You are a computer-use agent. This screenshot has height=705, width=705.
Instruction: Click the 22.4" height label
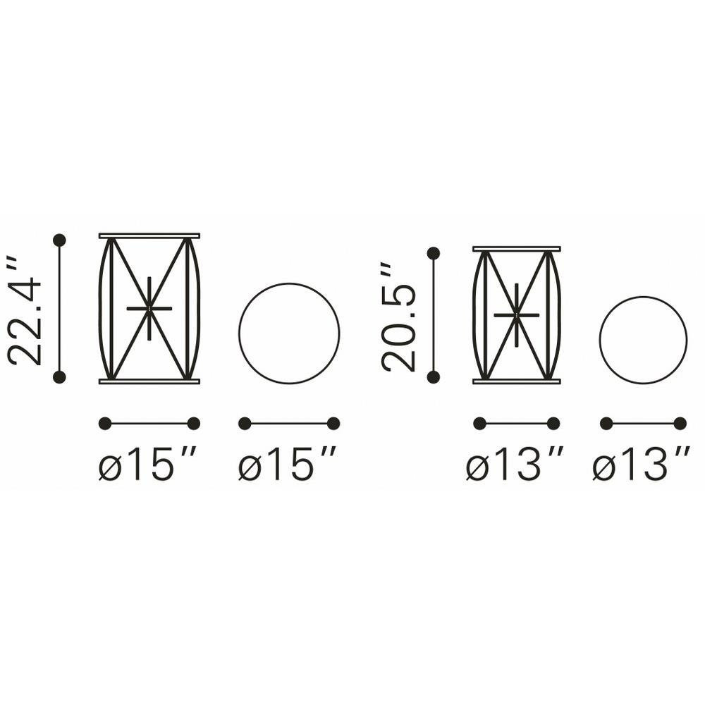coord(25,311)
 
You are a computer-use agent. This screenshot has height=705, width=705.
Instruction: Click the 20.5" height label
coord(398,317)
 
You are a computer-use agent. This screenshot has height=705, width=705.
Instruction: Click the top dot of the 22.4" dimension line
coord(59,240)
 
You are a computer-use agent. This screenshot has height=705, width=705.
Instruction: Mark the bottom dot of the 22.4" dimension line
coord(59,377)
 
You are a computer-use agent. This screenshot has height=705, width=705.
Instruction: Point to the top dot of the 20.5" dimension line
coord(434,254)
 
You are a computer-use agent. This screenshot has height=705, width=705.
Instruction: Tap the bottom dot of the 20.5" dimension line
coord(434,377)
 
